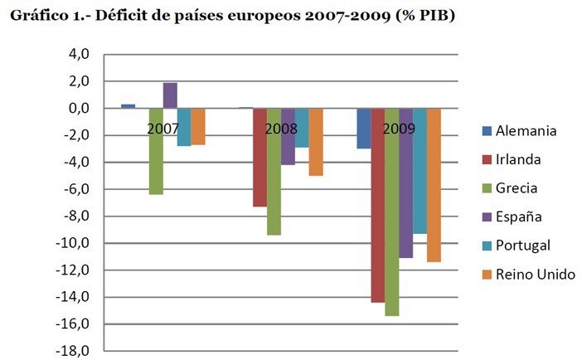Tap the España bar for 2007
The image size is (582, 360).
(x=170, y=95)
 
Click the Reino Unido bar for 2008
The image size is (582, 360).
(x=316, y=142)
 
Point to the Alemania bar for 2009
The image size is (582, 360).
(x=363, y=129)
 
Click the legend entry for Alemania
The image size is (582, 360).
(x=519, y=130)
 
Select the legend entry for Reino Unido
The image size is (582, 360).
(x=529, y=274)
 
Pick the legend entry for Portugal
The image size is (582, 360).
(x=517, y=246)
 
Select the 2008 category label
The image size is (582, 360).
(x=281, y=129)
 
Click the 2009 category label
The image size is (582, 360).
(x=399, y=129)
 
